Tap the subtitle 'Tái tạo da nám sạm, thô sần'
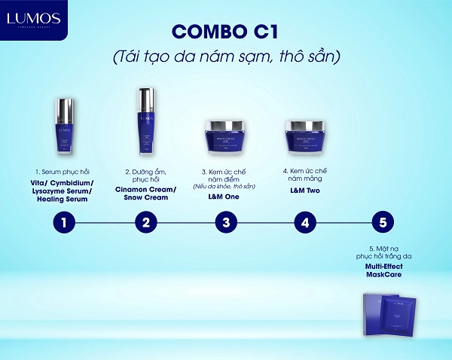pyautogui.click(x=226, y=58)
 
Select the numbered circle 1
pyautogui.click(x=66, y=222)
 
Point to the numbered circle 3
pyautogui.click(x=225, y=222)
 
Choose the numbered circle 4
pyautogui.click(x=304, y=222)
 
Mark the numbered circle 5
pyautogui.click(x=384, y=222)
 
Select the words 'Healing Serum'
pyautogui.click(x=66, y=199)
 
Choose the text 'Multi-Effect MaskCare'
pyautogui.click(x=384, y=271)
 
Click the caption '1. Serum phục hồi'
pyautogui.click(x=66, y=172)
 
